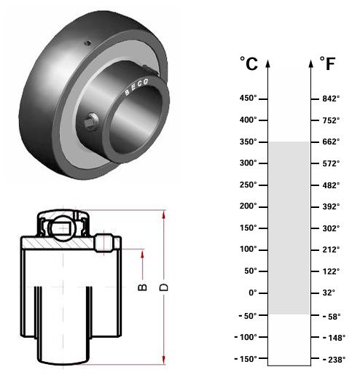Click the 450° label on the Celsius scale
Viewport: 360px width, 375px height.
click(248, 98)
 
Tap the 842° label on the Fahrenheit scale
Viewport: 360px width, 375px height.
click(331, 98)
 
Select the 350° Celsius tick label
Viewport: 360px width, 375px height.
click(248, 142)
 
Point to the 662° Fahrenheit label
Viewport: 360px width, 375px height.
click(331, 142)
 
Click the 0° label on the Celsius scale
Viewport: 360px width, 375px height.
click(253, 293)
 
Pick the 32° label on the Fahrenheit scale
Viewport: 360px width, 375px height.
click(329, 293)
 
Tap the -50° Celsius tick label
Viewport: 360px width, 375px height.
click(248, 316)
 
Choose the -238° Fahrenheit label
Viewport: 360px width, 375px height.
click(334, 360)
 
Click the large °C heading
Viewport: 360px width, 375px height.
click(249, 63)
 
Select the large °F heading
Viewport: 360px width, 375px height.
click(327, 63)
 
